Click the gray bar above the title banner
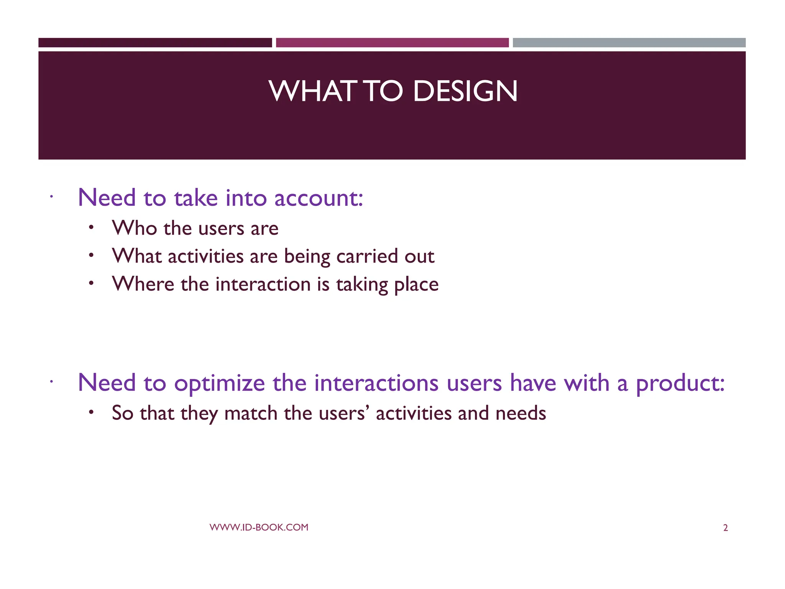pos(629,43)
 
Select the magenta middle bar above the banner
pos(392,43)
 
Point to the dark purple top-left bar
pos(155,43)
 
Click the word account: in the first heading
pos(319,198)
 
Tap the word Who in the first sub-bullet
pos(134,228)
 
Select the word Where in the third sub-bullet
pos(143,284)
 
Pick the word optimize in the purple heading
pos(219,383)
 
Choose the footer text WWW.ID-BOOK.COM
pos(259,527)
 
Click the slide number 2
pos(725,528)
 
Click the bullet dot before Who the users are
pos(91,227)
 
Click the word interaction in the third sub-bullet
pos(263,284)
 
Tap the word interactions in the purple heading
pos(376,383)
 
